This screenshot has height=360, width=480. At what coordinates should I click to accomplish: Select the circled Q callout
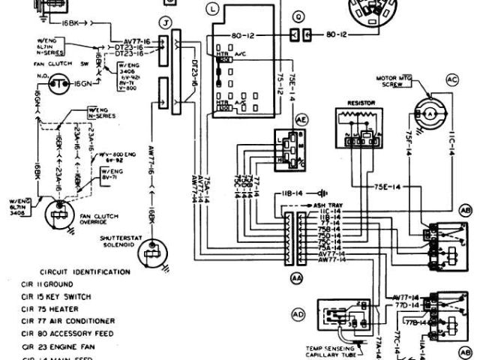(299, 14)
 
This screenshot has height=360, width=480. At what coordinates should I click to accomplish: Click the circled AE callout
(301, 119)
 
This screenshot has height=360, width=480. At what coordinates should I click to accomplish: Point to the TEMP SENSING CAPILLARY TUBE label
(334, 351)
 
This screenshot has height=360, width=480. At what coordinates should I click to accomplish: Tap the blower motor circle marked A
(430, 109)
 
